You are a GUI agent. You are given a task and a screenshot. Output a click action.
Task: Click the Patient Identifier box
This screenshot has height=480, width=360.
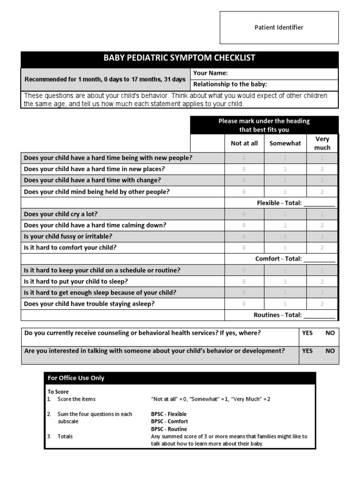(279, 28)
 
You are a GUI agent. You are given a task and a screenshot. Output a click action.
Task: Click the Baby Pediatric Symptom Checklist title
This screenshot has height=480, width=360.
(180, 58)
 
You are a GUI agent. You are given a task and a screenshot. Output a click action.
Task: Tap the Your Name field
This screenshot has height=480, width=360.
(264, 74)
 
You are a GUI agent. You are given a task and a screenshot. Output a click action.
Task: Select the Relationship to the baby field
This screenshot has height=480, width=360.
(264, 85)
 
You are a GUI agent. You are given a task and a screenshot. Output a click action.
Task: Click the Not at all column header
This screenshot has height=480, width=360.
(244, 143)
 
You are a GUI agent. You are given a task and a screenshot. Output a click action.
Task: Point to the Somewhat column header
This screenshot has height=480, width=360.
(285, 143)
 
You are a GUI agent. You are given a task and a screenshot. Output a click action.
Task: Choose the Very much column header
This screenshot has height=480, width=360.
(322, 143)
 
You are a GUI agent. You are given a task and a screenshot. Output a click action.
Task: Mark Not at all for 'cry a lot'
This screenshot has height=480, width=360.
(244, 214)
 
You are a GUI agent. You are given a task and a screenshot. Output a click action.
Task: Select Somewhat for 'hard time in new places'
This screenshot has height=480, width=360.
(285, 169)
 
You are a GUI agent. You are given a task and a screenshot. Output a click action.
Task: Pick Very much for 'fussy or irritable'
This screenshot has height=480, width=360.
(322, 237)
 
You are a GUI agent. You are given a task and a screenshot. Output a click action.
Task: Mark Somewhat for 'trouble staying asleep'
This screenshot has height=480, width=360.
(285, 304)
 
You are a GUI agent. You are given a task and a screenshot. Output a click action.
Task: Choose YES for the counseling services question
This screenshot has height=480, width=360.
(307, 333)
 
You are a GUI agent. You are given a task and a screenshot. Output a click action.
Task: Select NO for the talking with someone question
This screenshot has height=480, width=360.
(330, 351)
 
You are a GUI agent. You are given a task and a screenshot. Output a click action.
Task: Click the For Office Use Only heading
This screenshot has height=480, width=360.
(76, 378)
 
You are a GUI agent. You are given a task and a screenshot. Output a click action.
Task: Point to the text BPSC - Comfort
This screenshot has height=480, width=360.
(169, 421)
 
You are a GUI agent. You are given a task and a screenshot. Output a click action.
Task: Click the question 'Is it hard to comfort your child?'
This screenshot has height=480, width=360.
(70, 248)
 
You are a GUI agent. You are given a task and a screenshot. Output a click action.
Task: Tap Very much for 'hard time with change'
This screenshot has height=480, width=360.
(322, 180)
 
